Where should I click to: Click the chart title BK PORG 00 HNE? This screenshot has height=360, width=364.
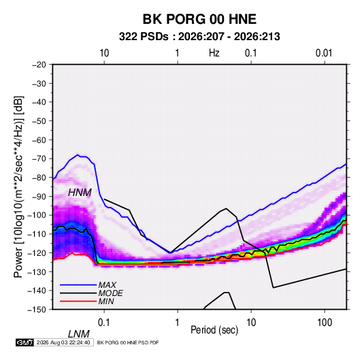point(199,19)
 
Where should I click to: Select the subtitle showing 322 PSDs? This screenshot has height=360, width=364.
point(199,37)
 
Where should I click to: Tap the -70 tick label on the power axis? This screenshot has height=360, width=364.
point(39,159)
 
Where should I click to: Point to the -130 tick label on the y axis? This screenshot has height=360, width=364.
point(37,272)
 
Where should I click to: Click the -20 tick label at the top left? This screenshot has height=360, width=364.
point(39,65)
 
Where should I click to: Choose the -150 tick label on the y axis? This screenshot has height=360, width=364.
point(37,310)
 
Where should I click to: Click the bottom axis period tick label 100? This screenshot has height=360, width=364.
point(325,323)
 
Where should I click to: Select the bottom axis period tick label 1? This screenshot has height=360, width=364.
point(178,323)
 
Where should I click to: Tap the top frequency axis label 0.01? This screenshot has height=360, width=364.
point(324,53)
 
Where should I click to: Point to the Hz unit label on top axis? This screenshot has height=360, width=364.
point(214,53)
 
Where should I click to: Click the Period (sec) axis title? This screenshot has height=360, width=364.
point(214,330)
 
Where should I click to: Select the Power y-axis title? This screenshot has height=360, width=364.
point(18,187)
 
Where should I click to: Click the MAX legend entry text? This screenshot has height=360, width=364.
point(107,285)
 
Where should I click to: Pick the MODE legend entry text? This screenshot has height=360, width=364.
point(110,293)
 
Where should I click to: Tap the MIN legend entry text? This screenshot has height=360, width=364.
point(106,301)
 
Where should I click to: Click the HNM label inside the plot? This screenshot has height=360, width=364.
point(80,193)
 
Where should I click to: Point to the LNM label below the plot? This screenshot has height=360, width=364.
point(79,334)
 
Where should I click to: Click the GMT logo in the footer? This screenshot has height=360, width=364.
point(25,342)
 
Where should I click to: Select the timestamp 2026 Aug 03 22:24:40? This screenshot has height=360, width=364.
point(63,342)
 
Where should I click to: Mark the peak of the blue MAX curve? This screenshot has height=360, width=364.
point(78,154)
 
